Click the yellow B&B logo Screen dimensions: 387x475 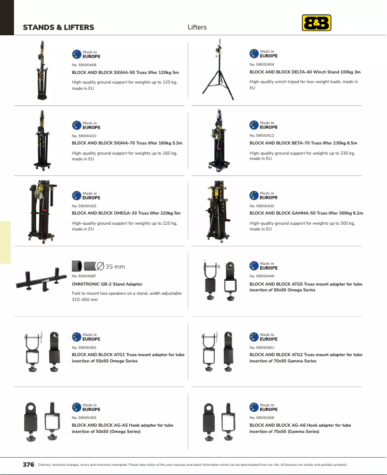click(317, 23)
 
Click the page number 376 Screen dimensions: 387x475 click(28, 464)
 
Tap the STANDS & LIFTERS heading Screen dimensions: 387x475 click(58, 27)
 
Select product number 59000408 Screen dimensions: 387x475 click(84, 65)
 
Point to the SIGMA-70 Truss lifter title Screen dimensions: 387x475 click(127, 143)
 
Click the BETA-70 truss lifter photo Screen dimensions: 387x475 click(219, 141)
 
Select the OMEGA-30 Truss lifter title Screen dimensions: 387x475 click(126, 213)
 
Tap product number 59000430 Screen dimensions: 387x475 click(262, 206)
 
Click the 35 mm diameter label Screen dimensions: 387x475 click(111, 266)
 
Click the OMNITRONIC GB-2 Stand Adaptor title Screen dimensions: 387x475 click(107, 284)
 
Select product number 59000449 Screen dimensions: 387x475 click(262, 276)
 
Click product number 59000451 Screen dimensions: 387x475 click(262, 347)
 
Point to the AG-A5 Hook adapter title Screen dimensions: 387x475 click(123, 428)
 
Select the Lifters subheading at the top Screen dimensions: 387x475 click(197, 27)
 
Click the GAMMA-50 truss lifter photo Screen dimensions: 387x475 click(218, 212)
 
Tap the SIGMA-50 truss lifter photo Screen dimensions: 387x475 click(42, 70)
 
